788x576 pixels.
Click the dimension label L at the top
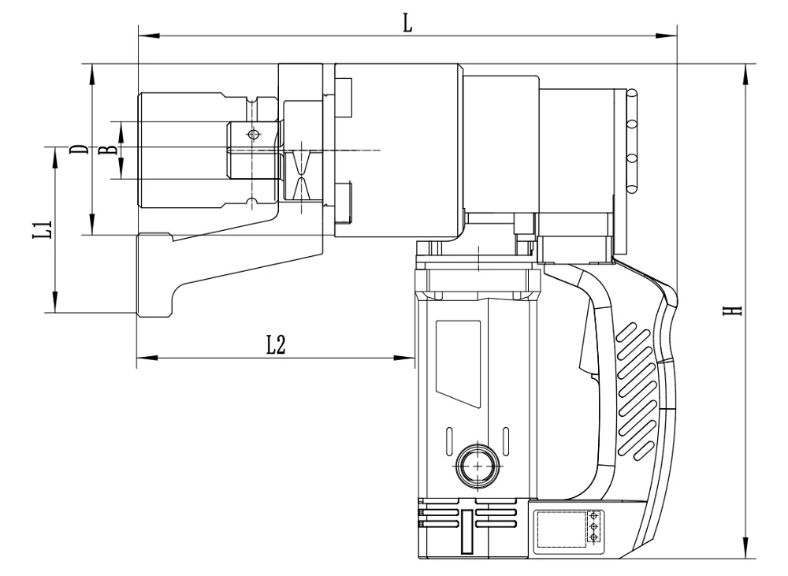(x=407, y=23)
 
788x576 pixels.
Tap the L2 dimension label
(x=275, y=344)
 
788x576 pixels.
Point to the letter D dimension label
(x=77, y=149)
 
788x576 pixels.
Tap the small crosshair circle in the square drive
(x=252, y=135)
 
